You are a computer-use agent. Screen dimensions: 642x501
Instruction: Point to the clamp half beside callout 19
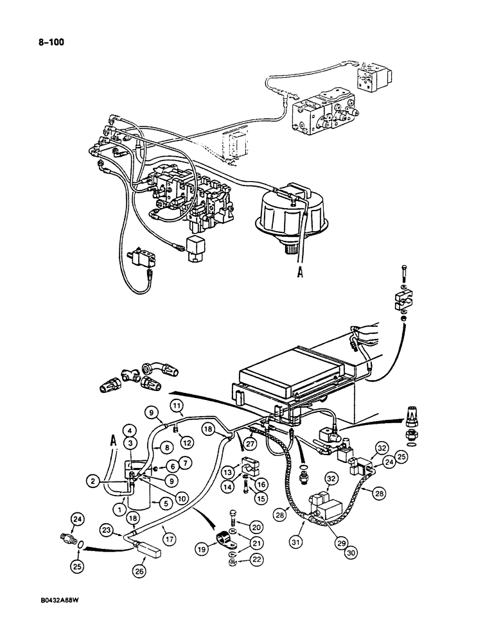click(226, 537)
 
